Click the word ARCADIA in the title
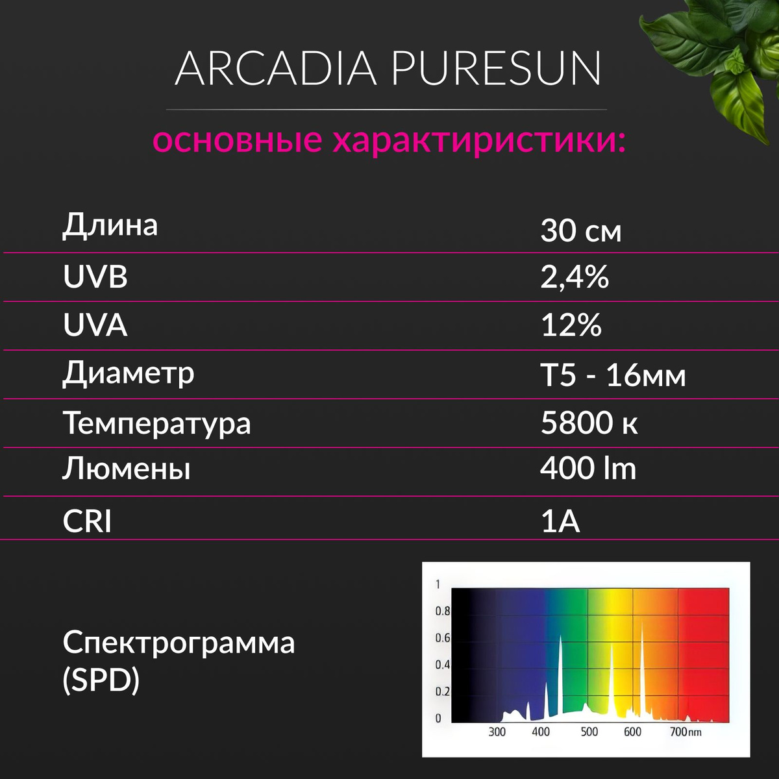click(x=276, y=68)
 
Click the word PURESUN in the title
click(x=497, y=68)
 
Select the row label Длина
click(x=110, y=225)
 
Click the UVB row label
click(x=95, y=277)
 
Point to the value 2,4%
click(x=575, y=277)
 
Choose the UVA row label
click(x=95, y=325)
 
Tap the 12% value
click(x=571, y=325)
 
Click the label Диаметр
click(x=128, y=373)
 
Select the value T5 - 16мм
click(x=613, y=376)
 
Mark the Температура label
click(x=157, y=424)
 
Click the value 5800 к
click(x=589, y=423)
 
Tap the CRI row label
click(x=87, y=521)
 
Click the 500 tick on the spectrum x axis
click(x=589, y=732)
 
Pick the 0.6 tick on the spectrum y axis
click(x=442, y=638)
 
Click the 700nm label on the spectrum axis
click(x=686, y=732)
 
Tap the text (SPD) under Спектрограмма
click(x=101, y=680)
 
